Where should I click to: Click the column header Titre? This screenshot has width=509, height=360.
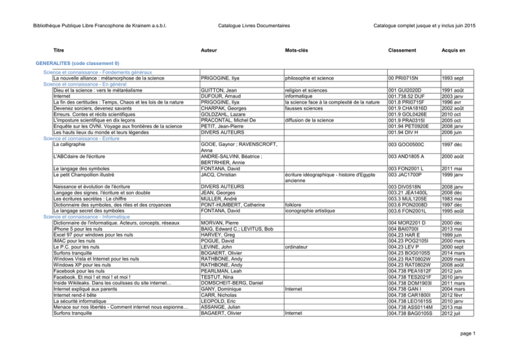(x=58, y=50)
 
